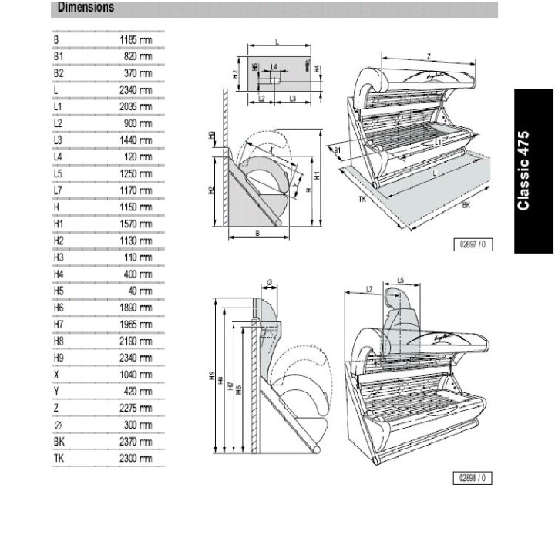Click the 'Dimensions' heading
pos(86,8)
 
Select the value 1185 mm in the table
pos(136,39)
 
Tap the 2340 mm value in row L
pos(136,90)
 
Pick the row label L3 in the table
pos(58,140)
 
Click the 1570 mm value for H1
pos(136,224)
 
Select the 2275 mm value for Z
pos(136,408)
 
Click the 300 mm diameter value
pos(139,425)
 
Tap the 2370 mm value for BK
pos(136,442)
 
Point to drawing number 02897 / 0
pos(474,244)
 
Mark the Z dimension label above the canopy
pos(428,56)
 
